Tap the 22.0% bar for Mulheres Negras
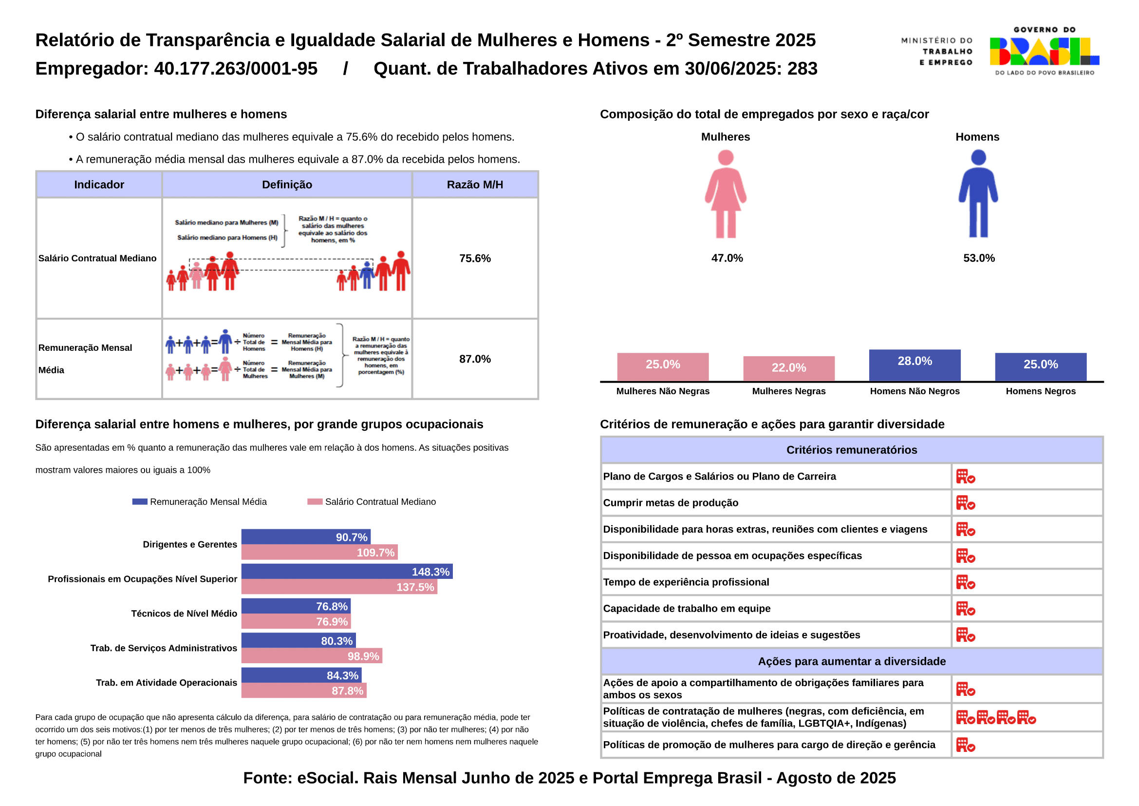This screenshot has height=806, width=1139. pyautogui.click(x=788, y=368)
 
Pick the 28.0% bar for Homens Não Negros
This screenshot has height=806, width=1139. pyautogui.click(x=915, y=365)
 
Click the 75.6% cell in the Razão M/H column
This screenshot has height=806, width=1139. pyautogui.click(x=475, y=258)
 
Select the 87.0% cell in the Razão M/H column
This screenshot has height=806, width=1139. pyautogui.click(x=475, y=359)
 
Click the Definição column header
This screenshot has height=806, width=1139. pyautogui.click(x=287, y=185)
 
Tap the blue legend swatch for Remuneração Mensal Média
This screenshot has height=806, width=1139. pyautogui.click(x=139, y=502)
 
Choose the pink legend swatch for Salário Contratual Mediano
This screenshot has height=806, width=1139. pyautogui.click(x=315, y=502)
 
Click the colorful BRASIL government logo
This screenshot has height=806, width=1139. pyautogui.click(x=1044, y=52)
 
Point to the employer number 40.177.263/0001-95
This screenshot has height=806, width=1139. pyautogui.click(x=236, y=69)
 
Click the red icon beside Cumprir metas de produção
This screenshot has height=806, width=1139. pyautogui.click(x=965, y=503)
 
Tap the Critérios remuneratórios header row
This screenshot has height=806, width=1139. pyautogui.click(x=851, y=450)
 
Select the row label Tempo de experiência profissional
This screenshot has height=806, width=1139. pyautogui.click(x=686, y=582)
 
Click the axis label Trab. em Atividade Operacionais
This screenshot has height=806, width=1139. pyautogui.click(x=166, y=683)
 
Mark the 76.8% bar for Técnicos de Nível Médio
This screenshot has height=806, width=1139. pyautogui.click(x=296, y=606)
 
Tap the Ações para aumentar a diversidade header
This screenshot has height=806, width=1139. pyautogui.click(x=851, y=661)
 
